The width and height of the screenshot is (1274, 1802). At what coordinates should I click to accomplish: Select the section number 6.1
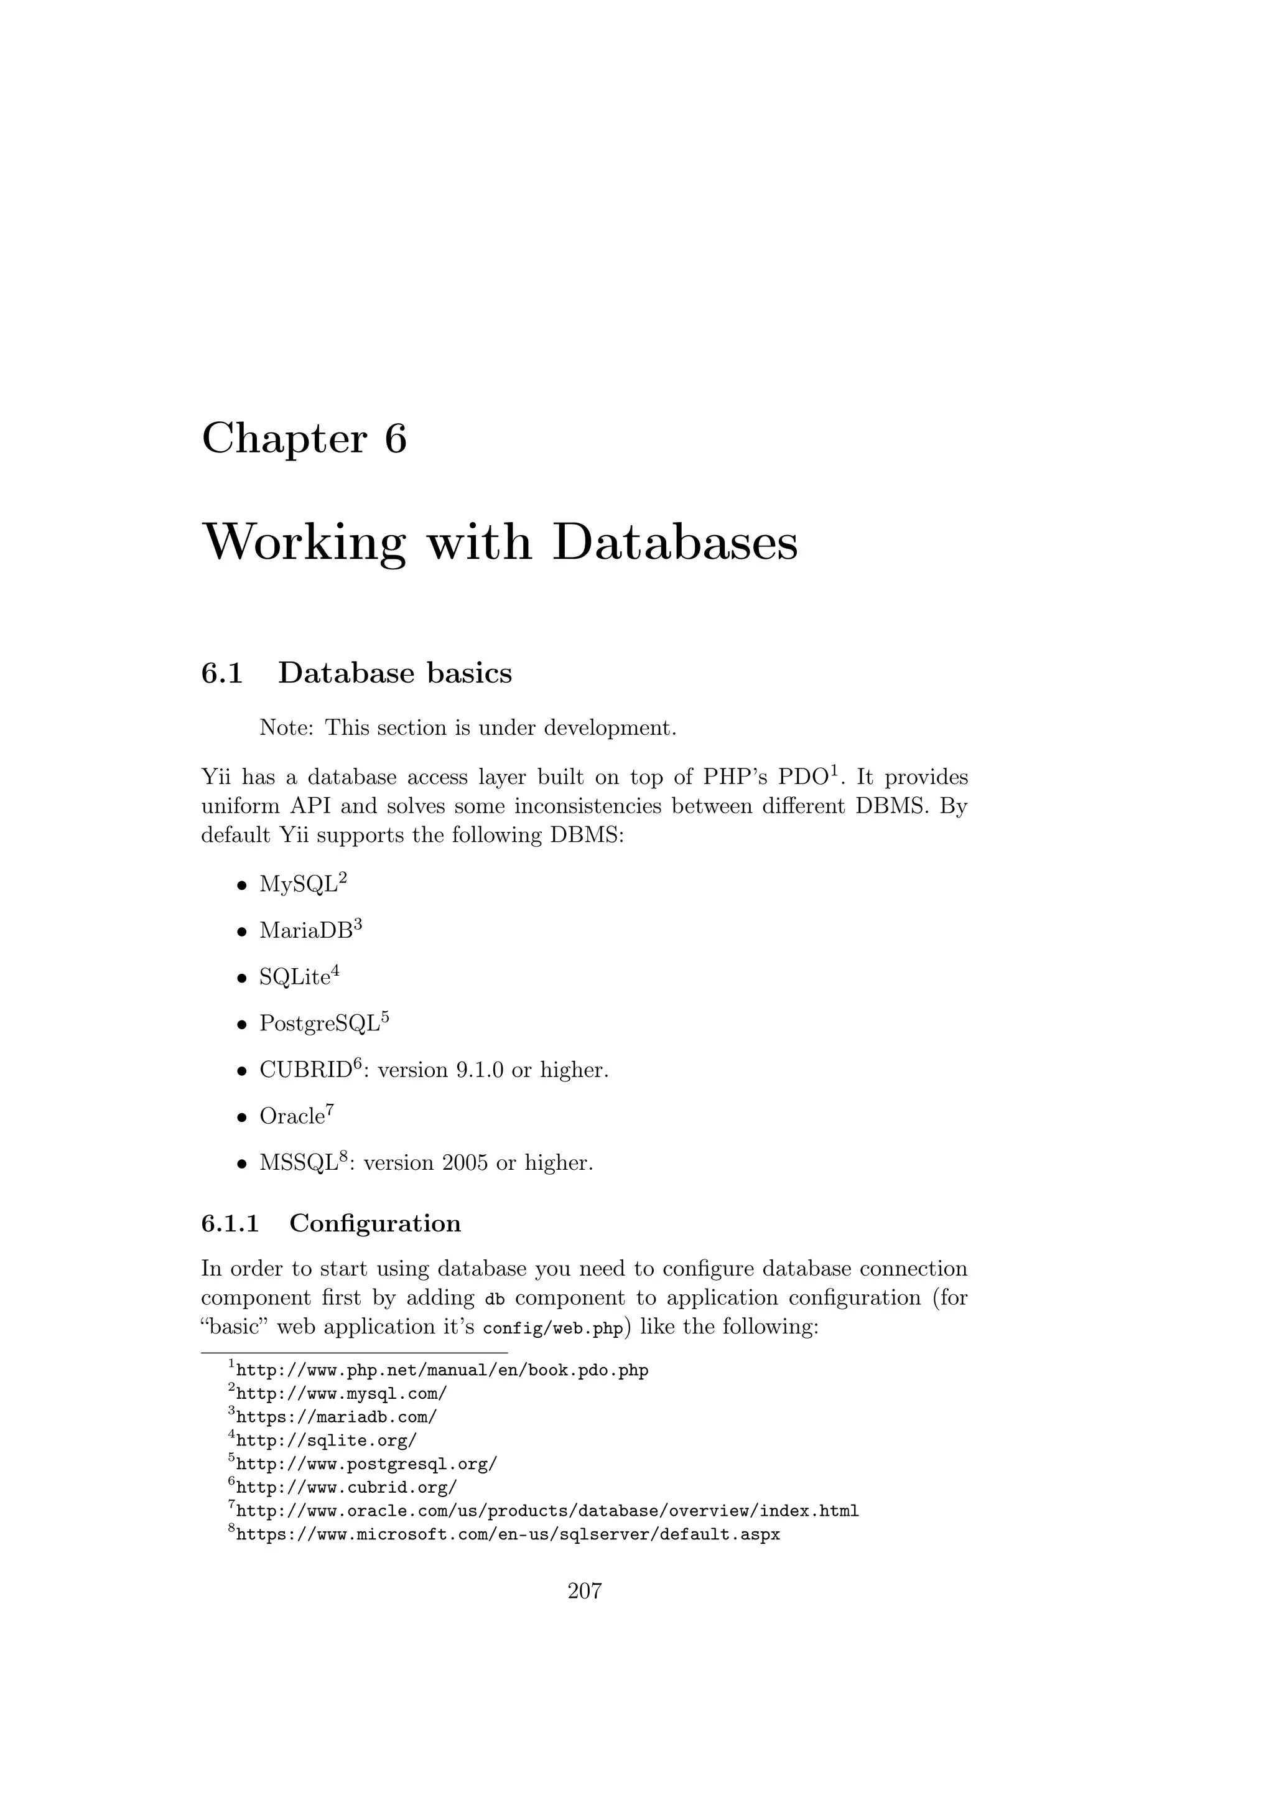pyautogui.click(x=222, y=673)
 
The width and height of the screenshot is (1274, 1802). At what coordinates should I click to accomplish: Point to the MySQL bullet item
pyautogui.click(x=298, y=885)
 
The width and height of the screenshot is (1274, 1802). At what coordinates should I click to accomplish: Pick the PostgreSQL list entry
pyautogui.click(x=320, y=1024)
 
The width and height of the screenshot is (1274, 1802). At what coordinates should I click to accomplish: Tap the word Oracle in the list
pyautogui.click(x=292, y=1116)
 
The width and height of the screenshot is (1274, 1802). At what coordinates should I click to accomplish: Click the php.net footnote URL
pyautogui.click(x=442, y=1370)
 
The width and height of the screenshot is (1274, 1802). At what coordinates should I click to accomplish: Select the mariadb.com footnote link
pyautogui.click(x=336, y=1417)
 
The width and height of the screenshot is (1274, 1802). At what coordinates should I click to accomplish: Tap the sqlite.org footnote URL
pyautogui.click(x=327, y=1440)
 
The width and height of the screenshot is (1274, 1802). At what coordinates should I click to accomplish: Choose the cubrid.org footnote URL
pyautogui.click(x=346, y=1487)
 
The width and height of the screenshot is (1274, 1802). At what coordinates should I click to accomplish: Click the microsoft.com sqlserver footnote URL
pyautogui.click(x=508, y=1534)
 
